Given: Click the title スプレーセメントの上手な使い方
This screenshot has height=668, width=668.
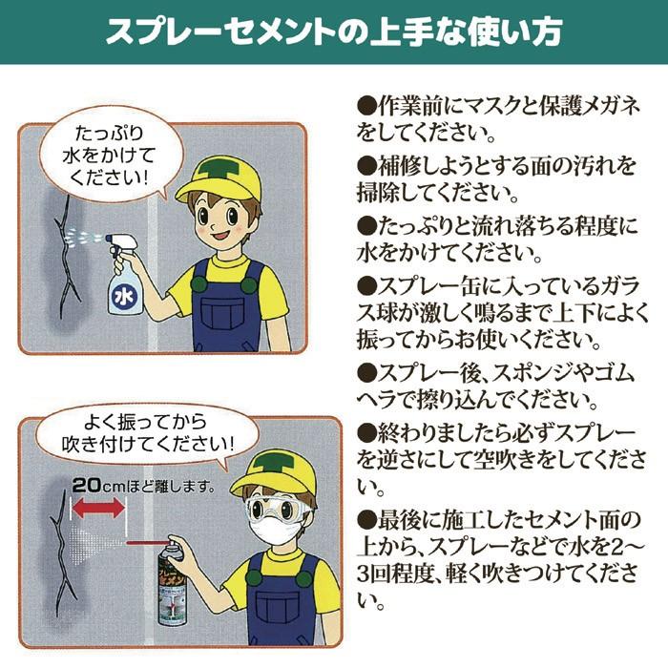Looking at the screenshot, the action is [x=334, y=31].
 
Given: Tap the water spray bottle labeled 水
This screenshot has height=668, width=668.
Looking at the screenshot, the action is [x=124, y=274].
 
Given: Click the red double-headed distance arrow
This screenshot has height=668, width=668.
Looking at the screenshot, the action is [x=98, y=508].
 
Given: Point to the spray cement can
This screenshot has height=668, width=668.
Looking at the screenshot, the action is [x=171, y=580].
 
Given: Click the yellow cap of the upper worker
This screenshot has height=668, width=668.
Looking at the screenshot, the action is [x=220, y=176].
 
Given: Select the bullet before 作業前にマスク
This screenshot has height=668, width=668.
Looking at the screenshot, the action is [x=367, y=106].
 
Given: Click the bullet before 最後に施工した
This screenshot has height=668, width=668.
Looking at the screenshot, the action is [x=367, y=519].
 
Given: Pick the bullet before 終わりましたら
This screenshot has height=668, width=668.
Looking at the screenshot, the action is [x=367, y=433].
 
